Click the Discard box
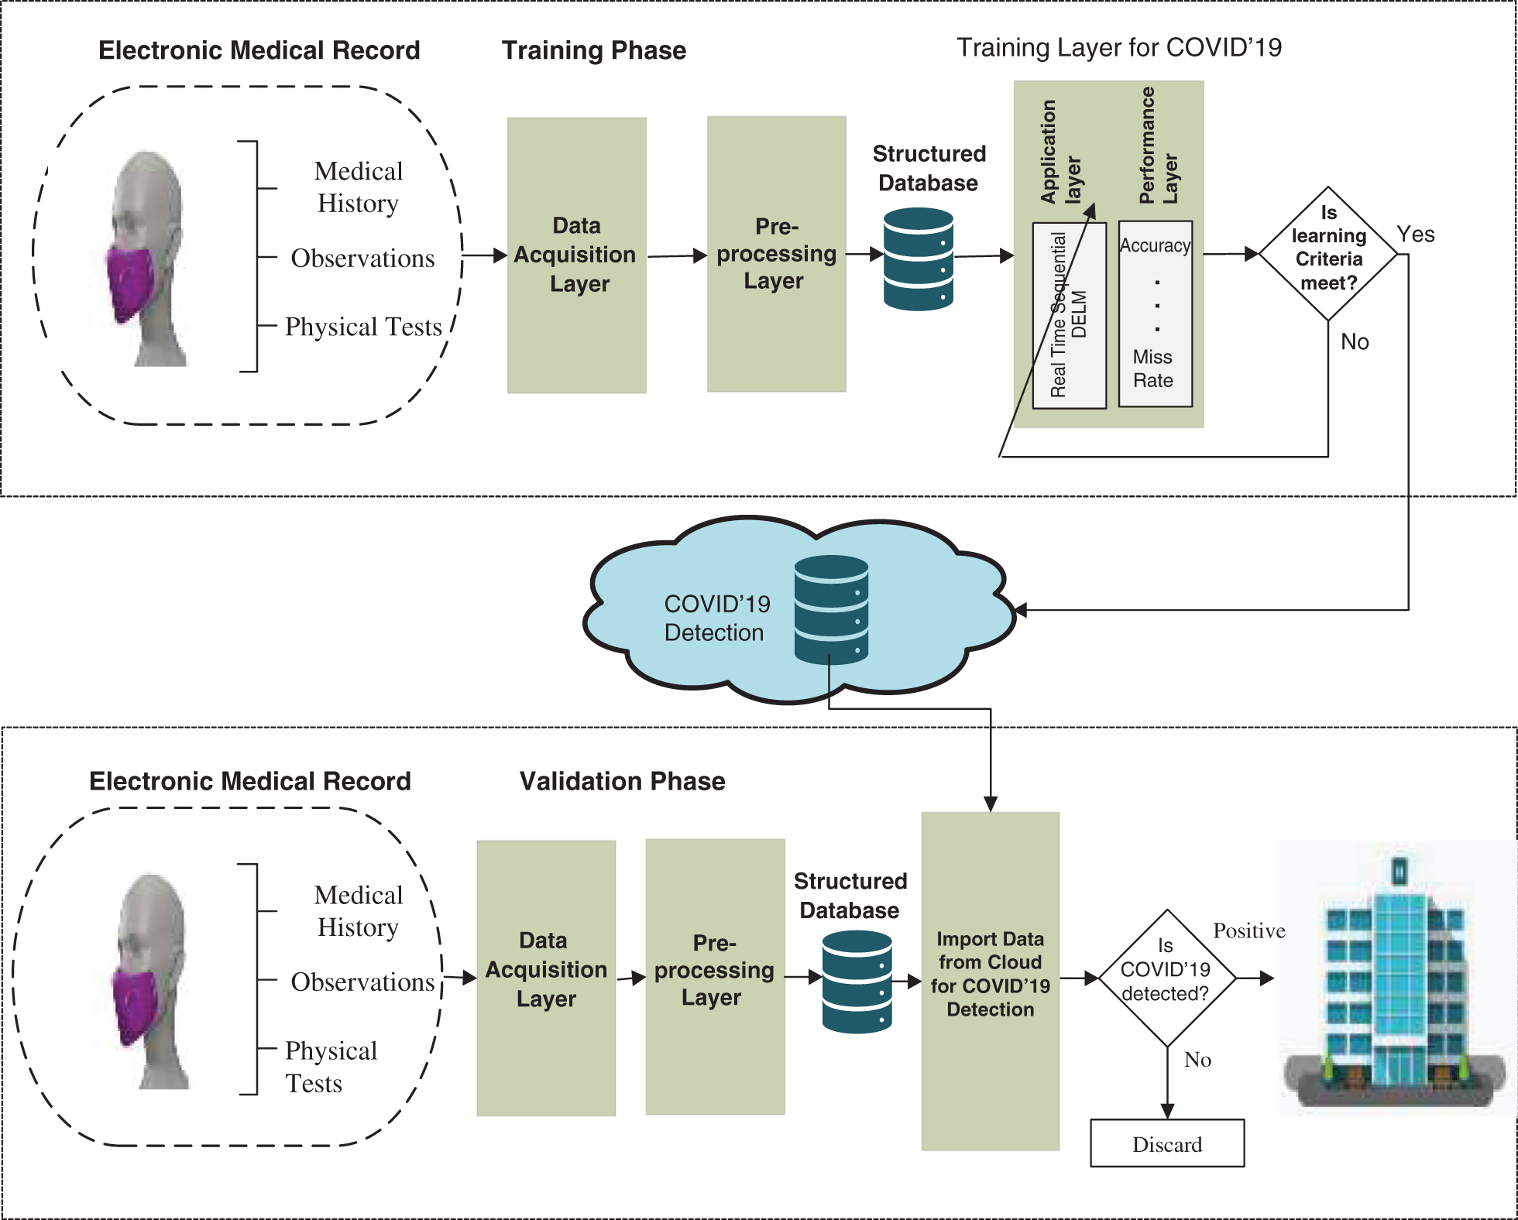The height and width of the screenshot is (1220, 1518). click(x=1167, y=1143)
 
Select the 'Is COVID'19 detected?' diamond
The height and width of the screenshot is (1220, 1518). click(x=1166, y=978)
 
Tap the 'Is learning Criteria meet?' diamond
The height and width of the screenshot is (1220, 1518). click(x=1328, y=252)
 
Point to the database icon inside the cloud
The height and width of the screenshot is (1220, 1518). click(x=831, y=609)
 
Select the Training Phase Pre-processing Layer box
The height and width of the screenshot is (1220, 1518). click(x=776, y=254)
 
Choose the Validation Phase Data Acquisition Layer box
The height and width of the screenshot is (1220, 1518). click(x=546, y=977)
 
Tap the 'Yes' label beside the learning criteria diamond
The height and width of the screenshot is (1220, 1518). click(x=1415, y=235)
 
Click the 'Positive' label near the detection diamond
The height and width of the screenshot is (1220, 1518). click(x=1248, y=930)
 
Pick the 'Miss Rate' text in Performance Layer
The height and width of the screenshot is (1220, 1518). click(x=1153, y=368)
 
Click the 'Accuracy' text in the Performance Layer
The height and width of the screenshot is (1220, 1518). click(x=1155, y=245)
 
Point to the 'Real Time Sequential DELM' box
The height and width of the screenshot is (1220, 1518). click(x=1069, y=315)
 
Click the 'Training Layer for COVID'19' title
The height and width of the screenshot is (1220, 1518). click(x=1118, y=48)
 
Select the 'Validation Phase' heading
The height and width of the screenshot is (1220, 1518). click(x=622, y=781)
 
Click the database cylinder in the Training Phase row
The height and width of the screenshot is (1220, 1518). click(x=918, y=259)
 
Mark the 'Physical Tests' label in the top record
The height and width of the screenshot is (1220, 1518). click(x=363, y=327)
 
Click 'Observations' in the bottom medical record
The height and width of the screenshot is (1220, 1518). click(x=362, y=982)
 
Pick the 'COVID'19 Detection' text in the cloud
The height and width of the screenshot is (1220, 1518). click(x=716, y=618)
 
